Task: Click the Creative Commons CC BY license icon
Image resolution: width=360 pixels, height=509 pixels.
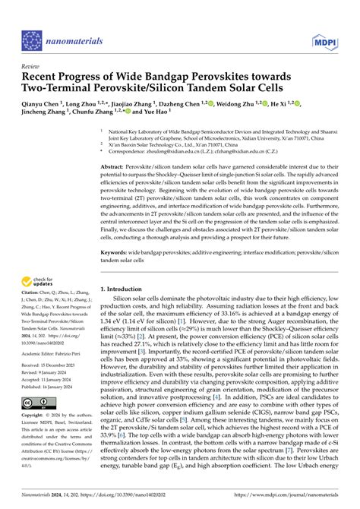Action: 37,403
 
